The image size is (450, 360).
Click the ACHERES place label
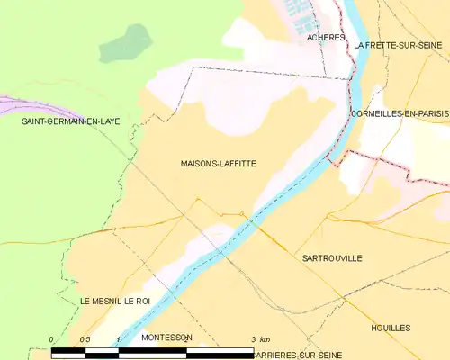click(x=326, y=39)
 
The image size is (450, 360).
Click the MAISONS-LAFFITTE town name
click(x=217, y=164)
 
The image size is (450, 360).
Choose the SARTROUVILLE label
click(x=332, y=257)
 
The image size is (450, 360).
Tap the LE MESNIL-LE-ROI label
click(x=114, y=301)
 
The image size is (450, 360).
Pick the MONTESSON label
click(x=166, y=337)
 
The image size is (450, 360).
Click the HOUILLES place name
click(x=391, y=328)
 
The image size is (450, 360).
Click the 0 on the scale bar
click(x=51, y=338)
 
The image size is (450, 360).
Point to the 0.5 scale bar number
click(x=84, y=338)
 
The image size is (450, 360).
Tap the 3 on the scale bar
click(x=253, y=338)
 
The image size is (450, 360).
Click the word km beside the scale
click(x=265, y=338)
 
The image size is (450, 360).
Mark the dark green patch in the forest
click(x=127, y=43)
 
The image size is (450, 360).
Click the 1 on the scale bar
click(x=118, y=338)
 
